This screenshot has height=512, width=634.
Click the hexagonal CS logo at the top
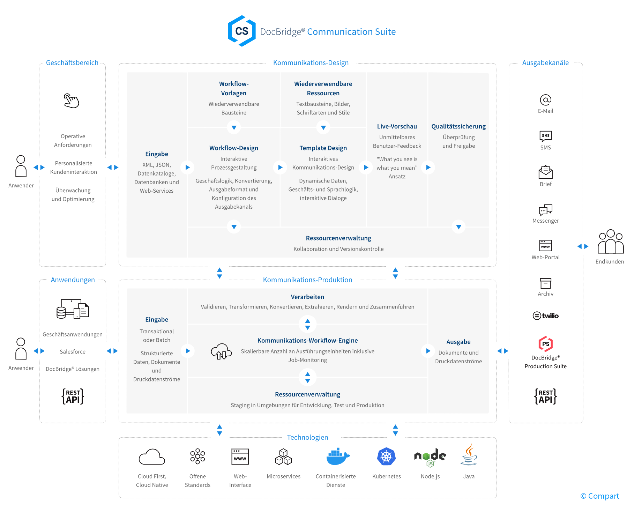[x=241, y=31]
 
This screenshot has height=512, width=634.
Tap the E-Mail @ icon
[x=545, y=100]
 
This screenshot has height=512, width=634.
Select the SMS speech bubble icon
[x=545, y=136]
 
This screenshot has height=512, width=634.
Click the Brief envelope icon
[x=545, y=172]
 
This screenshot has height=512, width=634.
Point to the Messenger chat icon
[x=545, y=209]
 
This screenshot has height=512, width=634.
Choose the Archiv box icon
[x=545, y=283]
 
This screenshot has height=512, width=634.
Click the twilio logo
[x=545, y=316]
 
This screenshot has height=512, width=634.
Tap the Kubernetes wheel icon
[x=386, y=457]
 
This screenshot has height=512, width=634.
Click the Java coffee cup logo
[x=469, y=455]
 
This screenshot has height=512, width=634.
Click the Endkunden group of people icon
[x=610, y=242]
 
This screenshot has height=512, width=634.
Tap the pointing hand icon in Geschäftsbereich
[x=72, y=101]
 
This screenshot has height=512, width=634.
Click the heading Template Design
[x=323, y=148]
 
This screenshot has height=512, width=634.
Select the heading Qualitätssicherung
[x=458, y=126]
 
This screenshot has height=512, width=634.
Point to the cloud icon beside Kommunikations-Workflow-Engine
[x=221, y=351]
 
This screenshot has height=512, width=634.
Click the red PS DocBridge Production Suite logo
[x=545, y=344]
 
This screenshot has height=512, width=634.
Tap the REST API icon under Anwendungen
[x=73, y=396]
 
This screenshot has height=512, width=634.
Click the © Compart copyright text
[x=599, y=496]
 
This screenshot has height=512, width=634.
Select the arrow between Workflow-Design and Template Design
[x=280, y=168]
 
